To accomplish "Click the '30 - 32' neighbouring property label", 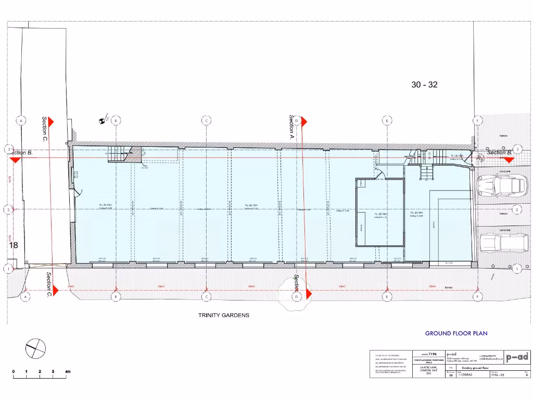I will click(x=424, y=85).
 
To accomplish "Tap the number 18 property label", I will click(x=14, y=244).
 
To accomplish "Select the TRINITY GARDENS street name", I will click(x=224, y=315).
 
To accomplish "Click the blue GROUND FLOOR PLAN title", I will click(x=456, y=333).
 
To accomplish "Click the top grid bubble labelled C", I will click(x=207, y=120).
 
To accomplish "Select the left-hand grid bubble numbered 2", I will click(x=8, y=209).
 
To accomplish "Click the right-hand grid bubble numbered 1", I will click(x=516, y=269).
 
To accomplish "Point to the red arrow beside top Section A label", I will click(x=305, y=121).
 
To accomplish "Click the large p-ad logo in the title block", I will click(x=517, y=357).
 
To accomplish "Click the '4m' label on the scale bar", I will click(x=67, y=371).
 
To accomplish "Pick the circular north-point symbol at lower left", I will click(x=35, y=348).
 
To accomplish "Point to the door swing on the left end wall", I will click(x=78, y=194).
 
